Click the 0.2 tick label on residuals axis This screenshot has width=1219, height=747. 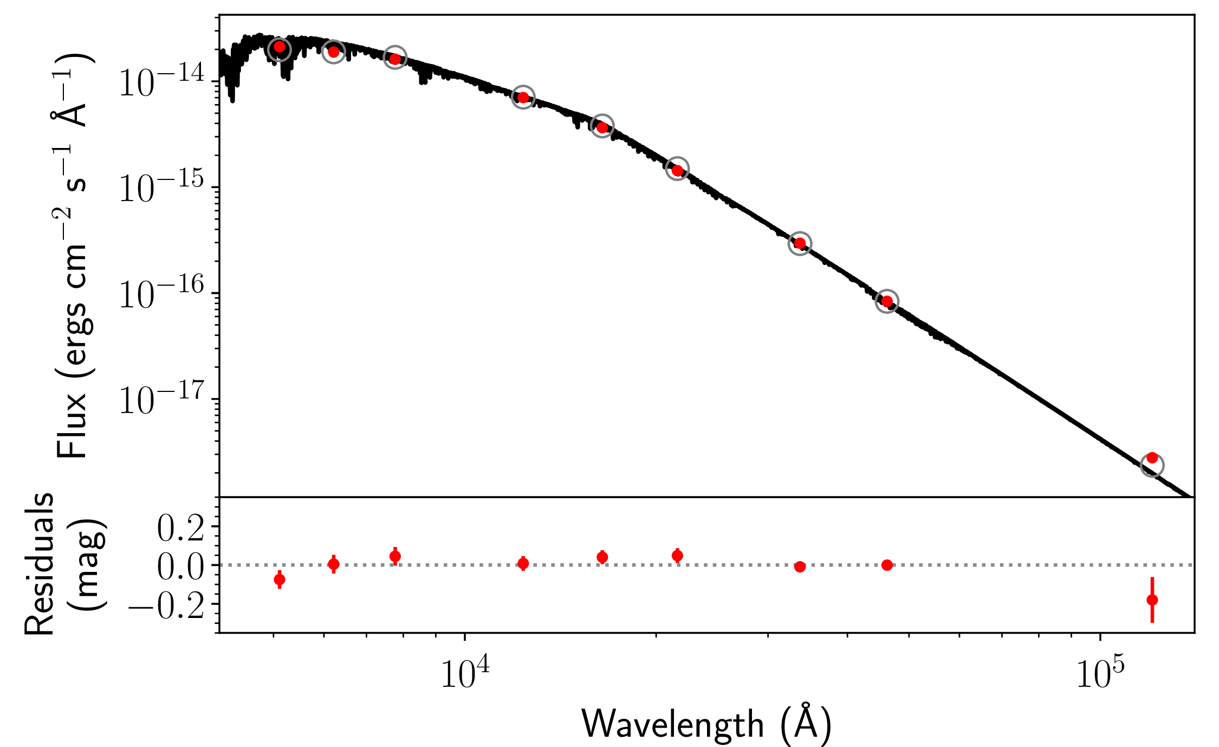tap(180, 528)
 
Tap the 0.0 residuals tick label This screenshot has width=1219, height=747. tap(180, 567)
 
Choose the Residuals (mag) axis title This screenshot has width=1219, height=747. tap(65, 564)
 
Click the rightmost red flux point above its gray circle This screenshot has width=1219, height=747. tap(1152, 458)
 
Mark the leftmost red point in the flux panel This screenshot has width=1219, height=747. tap(280, 47)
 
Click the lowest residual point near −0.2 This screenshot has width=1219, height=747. tap(1152, 600)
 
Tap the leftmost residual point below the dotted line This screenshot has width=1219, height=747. tap(280, 579)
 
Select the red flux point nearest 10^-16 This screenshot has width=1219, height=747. tap(887, 301)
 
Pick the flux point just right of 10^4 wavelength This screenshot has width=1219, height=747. tap(523, 98)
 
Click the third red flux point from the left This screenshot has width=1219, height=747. tap(395, 59)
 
